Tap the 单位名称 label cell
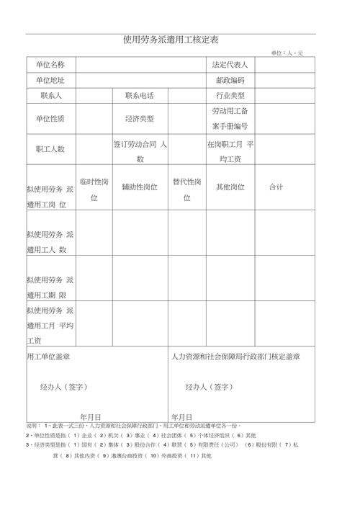click(50, 65)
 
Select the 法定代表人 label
click(230, 65)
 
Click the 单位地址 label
click(50, 80)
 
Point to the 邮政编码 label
click(230, 80)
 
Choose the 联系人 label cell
click(50, 96)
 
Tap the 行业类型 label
click(230, 96)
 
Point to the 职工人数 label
click(50, 149)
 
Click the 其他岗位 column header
click(230, 187)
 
